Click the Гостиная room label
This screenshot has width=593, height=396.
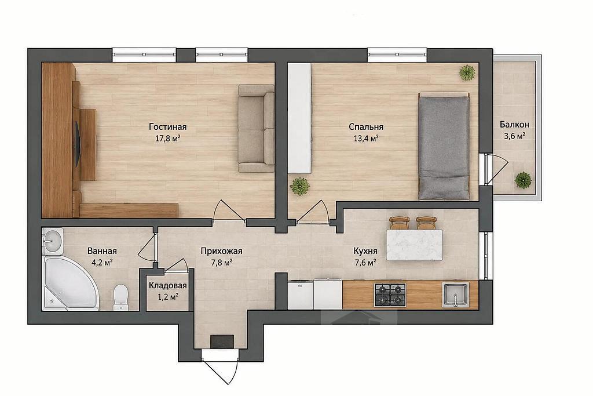coord(167,126)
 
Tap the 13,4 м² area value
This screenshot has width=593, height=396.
coord(366,138)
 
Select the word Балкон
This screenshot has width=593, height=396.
coord(514,124)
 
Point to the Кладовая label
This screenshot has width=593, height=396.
coord(167,286)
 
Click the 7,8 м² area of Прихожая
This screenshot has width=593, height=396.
coord(221,262)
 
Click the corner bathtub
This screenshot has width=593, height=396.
coord(70,282)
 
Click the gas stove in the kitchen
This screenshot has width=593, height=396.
coord(390,295)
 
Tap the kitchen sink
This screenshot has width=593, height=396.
coord(455,295)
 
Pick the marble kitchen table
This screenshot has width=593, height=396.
coord(414,245)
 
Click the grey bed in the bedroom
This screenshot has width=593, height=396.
coord(444,147)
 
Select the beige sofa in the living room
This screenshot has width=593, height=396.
coord(256,128)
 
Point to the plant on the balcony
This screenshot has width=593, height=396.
coord(523,180)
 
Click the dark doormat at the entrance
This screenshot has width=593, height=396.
coord(222,341)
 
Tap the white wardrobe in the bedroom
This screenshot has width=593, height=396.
coord(299,118)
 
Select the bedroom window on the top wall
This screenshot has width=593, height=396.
coord(397,55)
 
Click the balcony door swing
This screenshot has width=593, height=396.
coord(499,170)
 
